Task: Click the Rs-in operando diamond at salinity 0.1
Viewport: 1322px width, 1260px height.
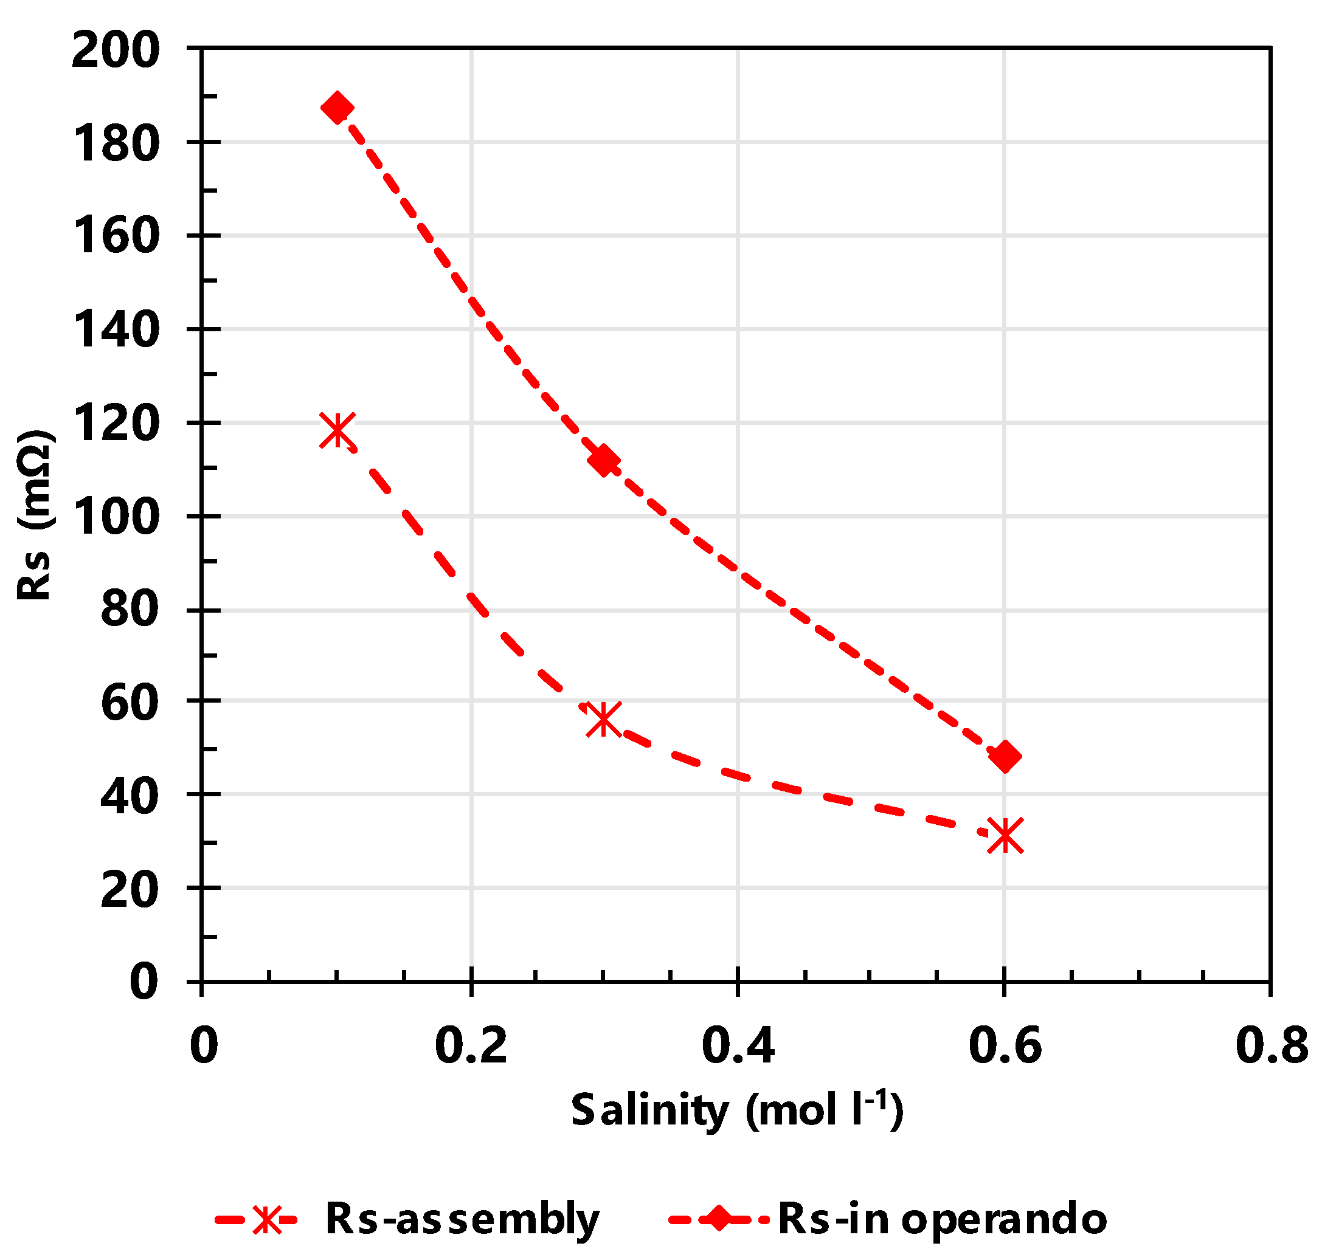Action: (337, 108)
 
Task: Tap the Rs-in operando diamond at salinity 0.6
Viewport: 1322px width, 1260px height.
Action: (1005, 757)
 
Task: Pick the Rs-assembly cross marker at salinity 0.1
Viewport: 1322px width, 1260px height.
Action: (337, 430)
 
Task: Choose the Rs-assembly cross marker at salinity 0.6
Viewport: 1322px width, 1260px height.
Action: (1005, 836)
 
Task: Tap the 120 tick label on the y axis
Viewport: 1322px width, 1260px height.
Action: (116, 424)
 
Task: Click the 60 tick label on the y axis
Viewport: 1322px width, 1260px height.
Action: (130, 704)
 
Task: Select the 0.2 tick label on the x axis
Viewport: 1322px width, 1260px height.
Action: (471, 1047)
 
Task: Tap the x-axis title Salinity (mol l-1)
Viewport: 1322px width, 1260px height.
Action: (736, 1109)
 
